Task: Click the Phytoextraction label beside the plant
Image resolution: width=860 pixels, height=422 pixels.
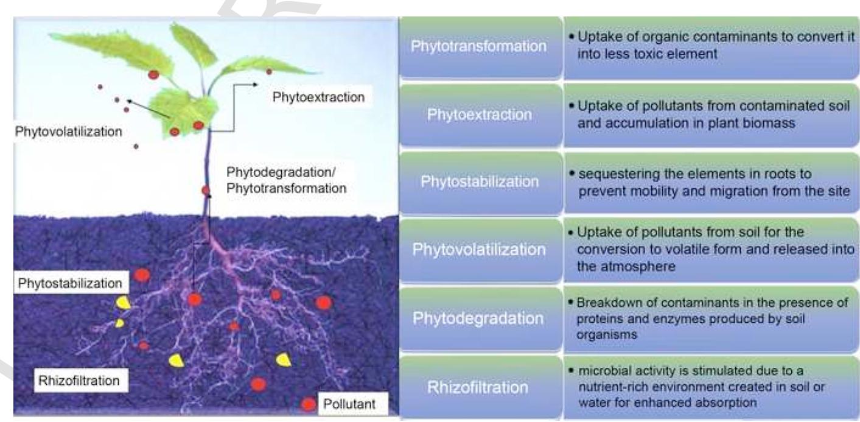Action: pyautogui.click(x=318, y=97)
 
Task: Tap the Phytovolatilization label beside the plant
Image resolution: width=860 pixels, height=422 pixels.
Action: pyautogui.click(x=68, y=132)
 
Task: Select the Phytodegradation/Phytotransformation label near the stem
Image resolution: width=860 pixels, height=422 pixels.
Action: pyautogui.click(x=287, y=180)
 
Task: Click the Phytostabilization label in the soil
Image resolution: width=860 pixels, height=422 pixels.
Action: pyautogui.click(x=70, y=283)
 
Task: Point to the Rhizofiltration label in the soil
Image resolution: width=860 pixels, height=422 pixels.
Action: pyautogui.click(x=79, y=381)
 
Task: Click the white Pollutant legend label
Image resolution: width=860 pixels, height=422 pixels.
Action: pyautogui.click(x=349, y=404)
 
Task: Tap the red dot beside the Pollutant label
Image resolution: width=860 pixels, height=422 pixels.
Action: pyautogui.click(x=308, y=404)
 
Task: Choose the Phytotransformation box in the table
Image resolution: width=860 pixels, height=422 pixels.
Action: pyautogui.click(x=480, y=47)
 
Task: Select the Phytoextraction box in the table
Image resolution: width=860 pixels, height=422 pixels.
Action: pyautogui.click(x=480, y=115)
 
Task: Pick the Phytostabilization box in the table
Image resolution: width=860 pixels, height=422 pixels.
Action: pyautogui.click(x=480, y=182)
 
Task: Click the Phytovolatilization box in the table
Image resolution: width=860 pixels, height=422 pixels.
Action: pyautogui.click(x=480, y=250)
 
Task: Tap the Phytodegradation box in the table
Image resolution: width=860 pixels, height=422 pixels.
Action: pyautogui.click(x=480, y=318)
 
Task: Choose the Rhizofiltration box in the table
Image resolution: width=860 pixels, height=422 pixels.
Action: pyautogui.click(x=480, y=387)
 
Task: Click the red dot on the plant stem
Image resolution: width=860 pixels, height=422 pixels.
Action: pyautogui.click(x=206, y=190)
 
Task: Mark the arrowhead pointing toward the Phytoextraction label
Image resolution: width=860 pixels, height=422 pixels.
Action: pyautogui.click(x=255, y=85)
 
